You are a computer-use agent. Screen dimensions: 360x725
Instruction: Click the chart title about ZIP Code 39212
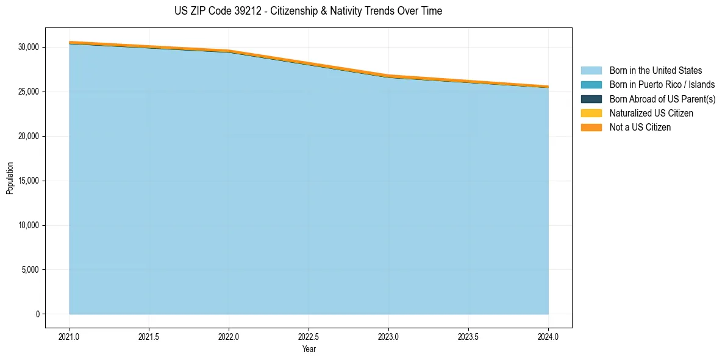click(x=308, y=11)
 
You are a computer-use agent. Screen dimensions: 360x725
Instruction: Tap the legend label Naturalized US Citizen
click(x=651, y=113)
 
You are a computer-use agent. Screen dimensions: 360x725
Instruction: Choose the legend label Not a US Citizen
click(x=640, y=128)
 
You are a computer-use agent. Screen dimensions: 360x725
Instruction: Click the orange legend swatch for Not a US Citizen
click(x=591, y=128)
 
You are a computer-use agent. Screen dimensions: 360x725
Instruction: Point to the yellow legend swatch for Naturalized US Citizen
click(x=591, y=113)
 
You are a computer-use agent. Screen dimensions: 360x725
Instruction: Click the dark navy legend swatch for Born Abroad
click(x=591, y=99)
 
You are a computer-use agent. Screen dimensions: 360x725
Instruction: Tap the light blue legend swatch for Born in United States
click(x=591, y=71)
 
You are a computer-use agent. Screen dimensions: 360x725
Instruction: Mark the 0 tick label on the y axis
click(x=37, y=314)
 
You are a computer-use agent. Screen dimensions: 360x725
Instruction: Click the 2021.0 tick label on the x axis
click(x=70, y=336)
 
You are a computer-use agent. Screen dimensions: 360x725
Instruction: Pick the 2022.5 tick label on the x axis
click(x=309, y=336)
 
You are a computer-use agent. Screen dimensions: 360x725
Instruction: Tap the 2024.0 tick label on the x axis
click(x=548, y=336)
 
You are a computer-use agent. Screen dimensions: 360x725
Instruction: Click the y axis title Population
click(x=10, y=178)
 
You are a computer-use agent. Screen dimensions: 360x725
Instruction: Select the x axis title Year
click(x=309, y=350)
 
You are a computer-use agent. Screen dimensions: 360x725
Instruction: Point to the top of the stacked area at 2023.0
click(x=388, y=76)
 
